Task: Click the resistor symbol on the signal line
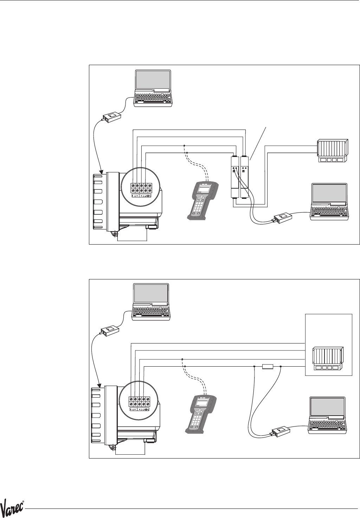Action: coord(268,367)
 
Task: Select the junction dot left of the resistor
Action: coord(254,367)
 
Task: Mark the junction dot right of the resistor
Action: coord(281,367)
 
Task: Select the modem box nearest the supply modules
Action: coord(283,219)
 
